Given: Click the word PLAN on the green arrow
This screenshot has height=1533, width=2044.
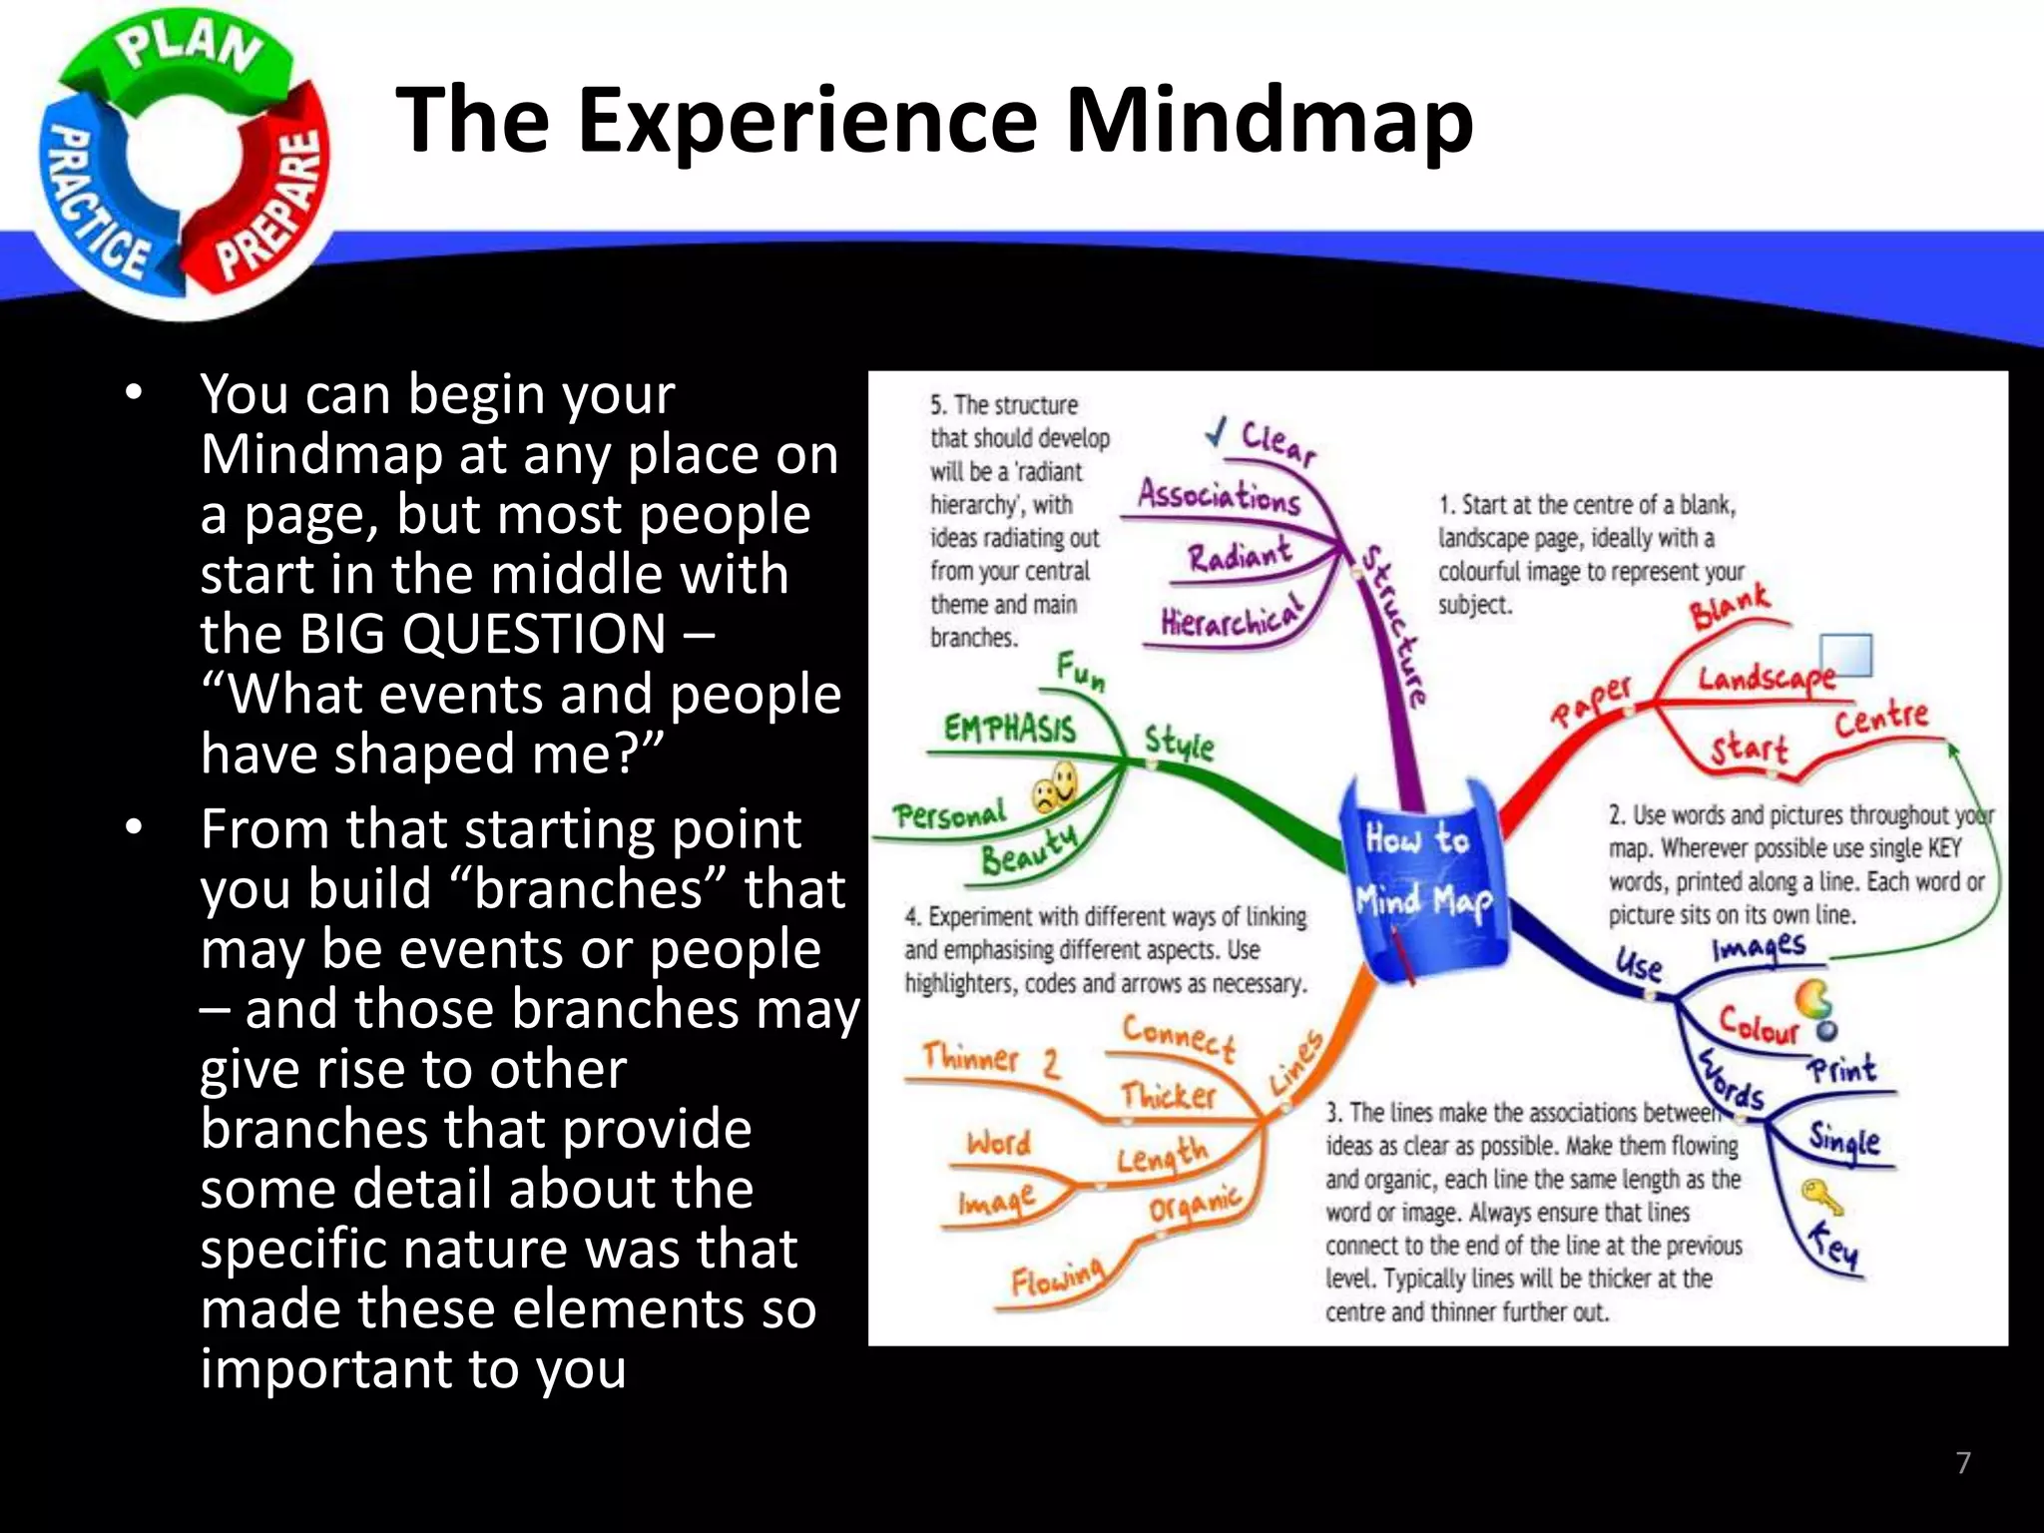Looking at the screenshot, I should (x=190, y=50).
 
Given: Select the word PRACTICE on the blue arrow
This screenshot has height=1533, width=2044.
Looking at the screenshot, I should (x=95, y=205).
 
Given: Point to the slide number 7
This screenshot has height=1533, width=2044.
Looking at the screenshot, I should (x=1963, y=1463).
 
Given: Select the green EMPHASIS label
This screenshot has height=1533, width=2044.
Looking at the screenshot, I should (x=1010, y=729).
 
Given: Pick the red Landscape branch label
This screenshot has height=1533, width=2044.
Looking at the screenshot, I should (x=1765, y=680).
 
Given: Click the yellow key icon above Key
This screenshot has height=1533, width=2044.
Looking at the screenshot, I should (x=1820, y=1197).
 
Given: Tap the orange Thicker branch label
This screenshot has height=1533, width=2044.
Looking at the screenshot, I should (x=1168, y=1095).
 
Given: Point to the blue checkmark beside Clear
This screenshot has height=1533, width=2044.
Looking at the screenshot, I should (x=1216, y=432).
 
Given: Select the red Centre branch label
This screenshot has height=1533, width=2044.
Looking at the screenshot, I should (x=1881, y=718).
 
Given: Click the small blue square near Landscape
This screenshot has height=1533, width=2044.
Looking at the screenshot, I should (x=1846, y=656).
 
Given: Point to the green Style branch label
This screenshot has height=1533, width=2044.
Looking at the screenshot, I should (x=1179, y=744).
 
